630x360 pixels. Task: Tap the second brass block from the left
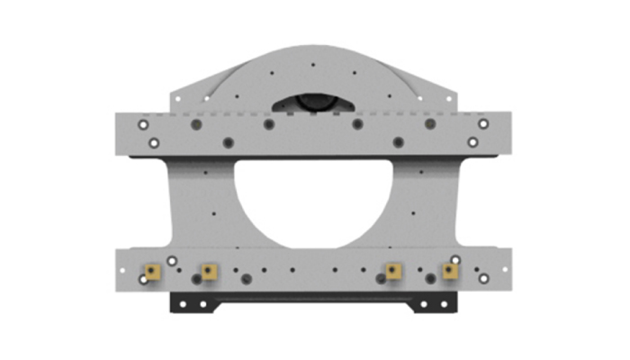[x=209, y=270]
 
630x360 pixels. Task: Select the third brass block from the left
[x=392, y=270]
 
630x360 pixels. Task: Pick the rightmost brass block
[x=449, y=270]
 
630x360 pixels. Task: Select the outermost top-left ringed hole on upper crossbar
[x=143, y=124]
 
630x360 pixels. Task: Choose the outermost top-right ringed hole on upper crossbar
[x=483, y=124]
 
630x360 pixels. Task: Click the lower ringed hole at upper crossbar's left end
[x=155, y=142]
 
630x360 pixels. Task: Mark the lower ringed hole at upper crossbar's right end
[x=472, y=142]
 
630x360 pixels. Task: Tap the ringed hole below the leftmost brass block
[x=144, y=280]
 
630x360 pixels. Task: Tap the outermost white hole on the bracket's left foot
[x=181, y=303]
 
